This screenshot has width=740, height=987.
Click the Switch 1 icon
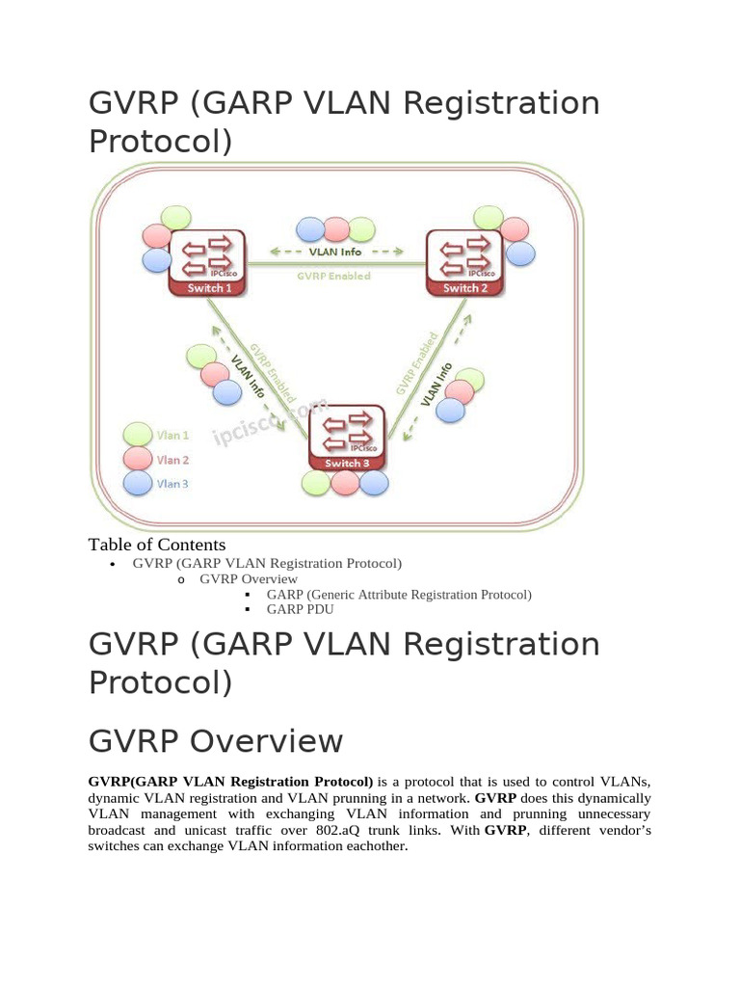pyautogui.click(x=207, y=261)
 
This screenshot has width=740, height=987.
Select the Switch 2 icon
pyautogui.click(x=464, y=261)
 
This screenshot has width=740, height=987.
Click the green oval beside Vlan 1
pyautogui.click(x=139, y=436)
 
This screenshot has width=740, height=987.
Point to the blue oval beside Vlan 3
pyautogui.click(x=139, y=484)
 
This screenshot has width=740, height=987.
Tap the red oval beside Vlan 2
pyautogui.click(x=139, y=460)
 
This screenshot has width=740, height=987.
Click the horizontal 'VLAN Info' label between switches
pyautogui.click(x=335, y=253)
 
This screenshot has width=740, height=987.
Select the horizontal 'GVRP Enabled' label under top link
pyautogui.click(x=333, y=275)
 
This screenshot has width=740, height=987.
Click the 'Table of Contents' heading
pyautogui.click(x=157, y=545)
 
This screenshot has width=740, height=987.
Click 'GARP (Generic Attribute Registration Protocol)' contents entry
pyautogui.click(x=399, y=595)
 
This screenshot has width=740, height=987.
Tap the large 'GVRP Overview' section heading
pyautogui.click(x=215, y=741)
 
